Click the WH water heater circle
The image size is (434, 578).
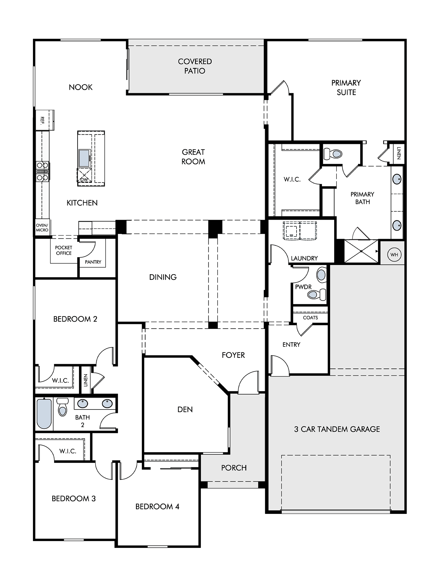pos(394,255)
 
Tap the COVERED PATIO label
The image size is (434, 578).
pos(195,66)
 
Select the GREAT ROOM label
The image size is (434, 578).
pos(193,157)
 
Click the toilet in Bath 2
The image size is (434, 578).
pos(62,407)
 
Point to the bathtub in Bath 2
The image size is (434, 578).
pos(44,414)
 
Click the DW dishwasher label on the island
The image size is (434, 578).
pos(84,179)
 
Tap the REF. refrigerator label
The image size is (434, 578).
pos(42,120)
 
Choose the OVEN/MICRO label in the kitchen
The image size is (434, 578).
pos(42,228)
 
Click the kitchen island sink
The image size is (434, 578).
pos(84,158)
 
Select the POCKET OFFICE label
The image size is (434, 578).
pos(64,250)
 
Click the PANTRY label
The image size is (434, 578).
pos(93,262)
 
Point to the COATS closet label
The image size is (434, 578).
pos(310,318)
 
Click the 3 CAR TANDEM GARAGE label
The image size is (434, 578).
pos(337,429)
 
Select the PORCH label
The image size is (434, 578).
pos(234,468)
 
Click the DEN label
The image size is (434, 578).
pos(185,409)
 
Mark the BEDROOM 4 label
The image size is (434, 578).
pos(157,506)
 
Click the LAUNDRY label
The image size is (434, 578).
pos(304,258)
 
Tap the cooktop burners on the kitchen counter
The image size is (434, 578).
pos(42,171)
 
